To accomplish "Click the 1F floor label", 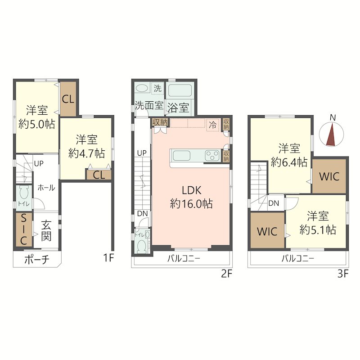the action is (108, 257).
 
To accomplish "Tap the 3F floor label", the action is (343, 274).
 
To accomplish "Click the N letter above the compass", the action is (333, 118).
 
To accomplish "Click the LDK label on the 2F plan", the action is (192, 190).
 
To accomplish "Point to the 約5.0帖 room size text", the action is (37, 125).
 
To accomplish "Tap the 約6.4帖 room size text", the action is (289, 162).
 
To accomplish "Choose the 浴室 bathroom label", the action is (178, 108).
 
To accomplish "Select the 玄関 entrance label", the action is (46, 230).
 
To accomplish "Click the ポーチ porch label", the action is (37, 260).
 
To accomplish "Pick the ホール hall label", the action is (46, 188).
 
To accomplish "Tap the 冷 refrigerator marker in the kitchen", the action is (212, 125).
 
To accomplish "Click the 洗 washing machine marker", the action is (157, 88).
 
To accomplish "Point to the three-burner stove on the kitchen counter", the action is (212, 155).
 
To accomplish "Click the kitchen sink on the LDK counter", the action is (181, 156).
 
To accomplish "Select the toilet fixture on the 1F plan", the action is (24, 193).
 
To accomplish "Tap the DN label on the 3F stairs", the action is (274, 203).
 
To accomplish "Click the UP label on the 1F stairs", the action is (39, 163).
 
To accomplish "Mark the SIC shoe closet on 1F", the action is (24, 230).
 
